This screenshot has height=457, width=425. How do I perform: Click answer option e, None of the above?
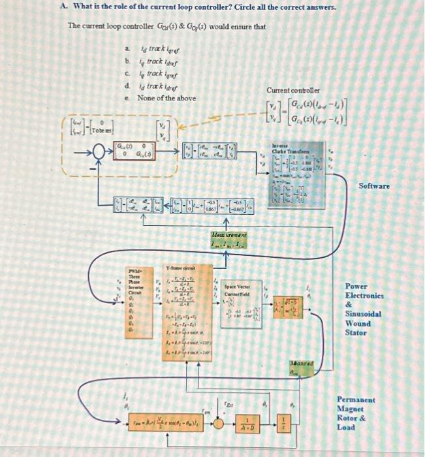(166, 98)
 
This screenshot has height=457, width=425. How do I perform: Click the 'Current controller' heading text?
(293, 90)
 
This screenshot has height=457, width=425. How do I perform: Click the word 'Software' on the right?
(374, 186)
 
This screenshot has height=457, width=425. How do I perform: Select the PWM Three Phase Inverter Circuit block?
(135, 294)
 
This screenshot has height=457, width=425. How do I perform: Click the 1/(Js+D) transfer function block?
(248, 422)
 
